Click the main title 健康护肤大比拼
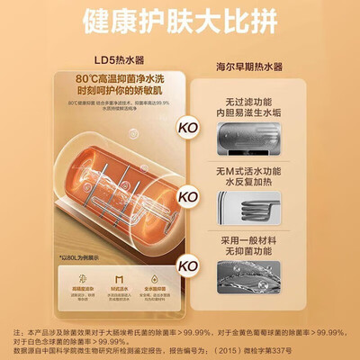[180, 19]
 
